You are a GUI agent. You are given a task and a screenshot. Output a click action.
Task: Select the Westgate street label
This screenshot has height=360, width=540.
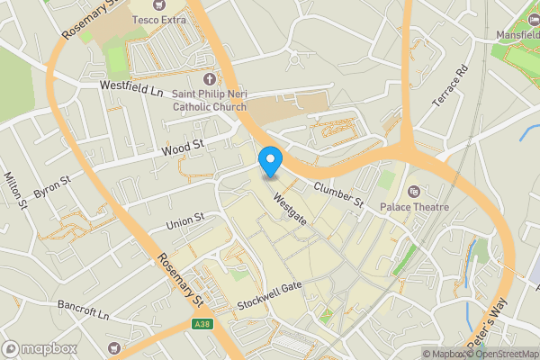coord(290,208)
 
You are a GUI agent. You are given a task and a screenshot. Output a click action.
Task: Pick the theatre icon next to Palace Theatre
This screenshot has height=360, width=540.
coord(413,192)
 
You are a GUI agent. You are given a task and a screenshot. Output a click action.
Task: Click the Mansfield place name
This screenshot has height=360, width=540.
coord(518,35)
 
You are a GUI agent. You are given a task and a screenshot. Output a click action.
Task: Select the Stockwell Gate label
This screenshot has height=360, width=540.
coord(269,298)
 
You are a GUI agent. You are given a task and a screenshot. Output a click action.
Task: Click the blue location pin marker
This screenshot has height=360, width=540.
coord(270,161)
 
